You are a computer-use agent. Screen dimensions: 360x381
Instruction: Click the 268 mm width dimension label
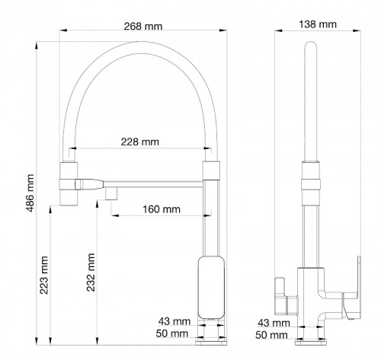click(143, 26)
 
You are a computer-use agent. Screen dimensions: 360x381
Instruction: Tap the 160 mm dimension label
click(162, 209)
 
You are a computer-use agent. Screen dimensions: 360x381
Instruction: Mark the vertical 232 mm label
click(91, 272)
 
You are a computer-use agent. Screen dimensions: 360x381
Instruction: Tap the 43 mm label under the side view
click(271, 323)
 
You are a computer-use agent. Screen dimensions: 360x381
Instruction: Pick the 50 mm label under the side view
click(271, 334)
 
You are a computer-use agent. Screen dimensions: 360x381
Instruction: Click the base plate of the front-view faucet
click(211, 339)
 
